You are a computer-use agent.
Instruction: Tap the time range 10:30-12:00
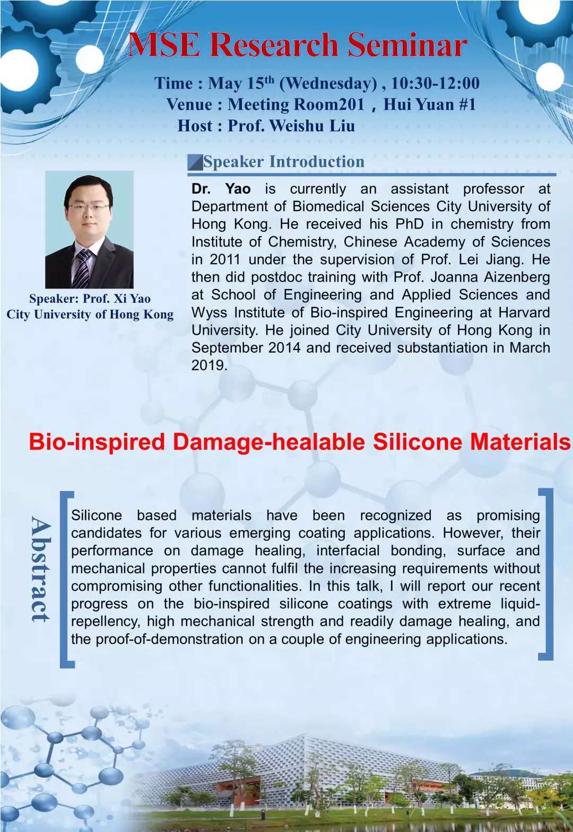pyautogui.click(x=435, y=83)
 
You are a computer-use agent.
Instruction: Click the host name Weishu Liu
pyautogui.click(x=312, y=126)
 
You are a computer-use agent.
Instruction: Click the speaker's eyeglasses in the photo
pyautogui.click(x=88, y=206)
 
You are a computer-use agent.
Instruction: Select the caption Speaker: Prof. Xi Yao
pyautogui.click(x=90, y=299)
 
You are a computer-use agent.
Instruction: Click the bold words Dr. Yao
pyautogui.click(x=221, y=189)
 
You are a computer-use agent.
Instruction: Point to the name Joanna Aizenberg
pyautogui.click(x=491, y=277)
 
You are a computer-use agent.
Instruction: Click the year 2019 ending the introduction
pyautogui.click(x=209, y=365)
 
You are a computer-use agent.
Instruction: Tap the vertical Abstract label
pyautogui.click(x=41, y=569)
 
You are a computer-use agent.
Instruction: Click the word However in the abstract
pyautogui.click(x=473, y=533)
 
